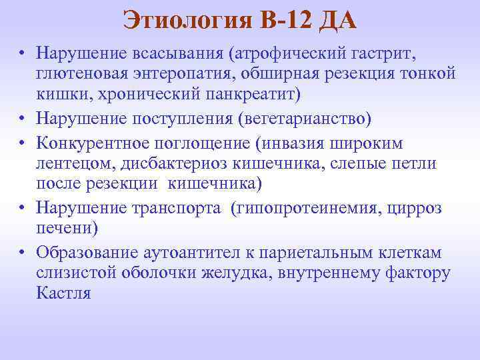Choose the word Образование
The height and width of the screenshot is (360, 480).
87,253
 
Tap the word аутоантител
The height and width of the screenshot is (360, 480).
191,253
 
